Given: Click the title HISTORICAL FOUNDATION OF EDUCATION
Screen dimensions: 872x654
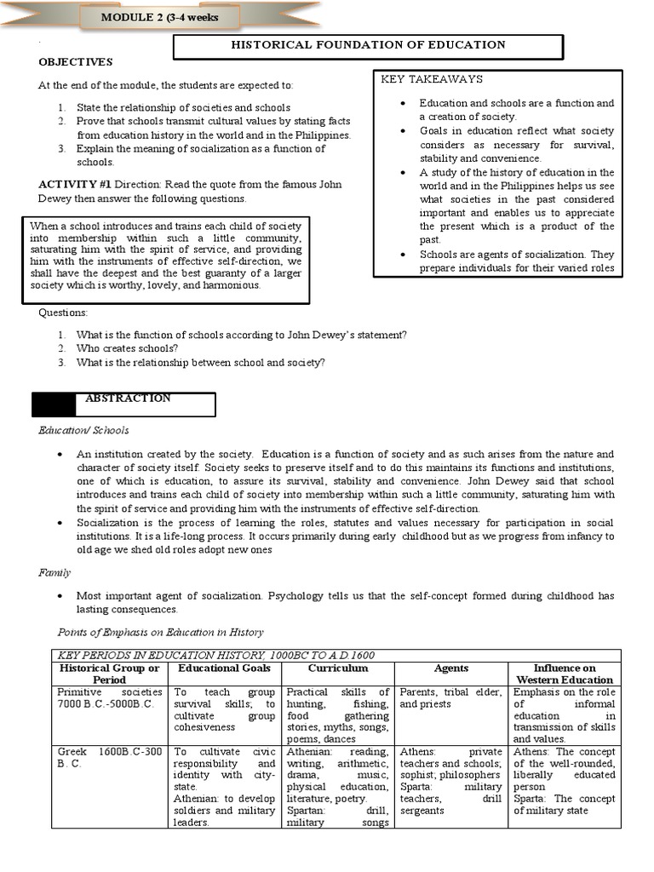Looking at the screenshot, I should click(368, 45).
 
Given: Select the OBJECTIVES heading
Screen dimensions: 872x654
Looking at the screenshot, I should click(76, 62).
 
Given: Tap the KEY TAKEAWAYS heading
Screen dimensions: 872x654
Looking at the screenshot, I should click(432, 79).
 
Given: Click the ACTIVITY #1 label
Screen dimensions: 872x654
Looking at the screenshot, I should click(75, 185).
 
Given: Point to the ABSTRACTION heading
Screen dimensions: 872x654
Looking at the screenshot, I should click(128, 399).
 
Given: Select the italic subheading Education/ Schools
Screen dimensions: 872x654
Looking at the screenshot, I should click(83, 431).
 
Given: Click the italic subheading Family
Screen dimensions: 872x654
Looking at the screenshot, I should click(54, 573).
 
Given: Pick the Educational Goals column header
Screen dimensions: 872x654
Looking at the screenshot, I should click(225, 668).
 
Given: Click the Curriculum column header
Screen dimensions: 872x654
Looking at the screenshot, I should click(337, 668).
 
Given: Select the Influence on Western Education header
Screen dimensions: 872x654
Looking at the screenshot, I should click(564, 674).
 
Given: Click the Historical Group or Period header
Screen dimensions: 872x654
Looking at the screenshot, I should click(109, 674).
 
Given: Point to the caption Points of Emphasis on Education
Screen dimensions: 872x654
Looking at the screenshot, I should click(160, 633).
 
